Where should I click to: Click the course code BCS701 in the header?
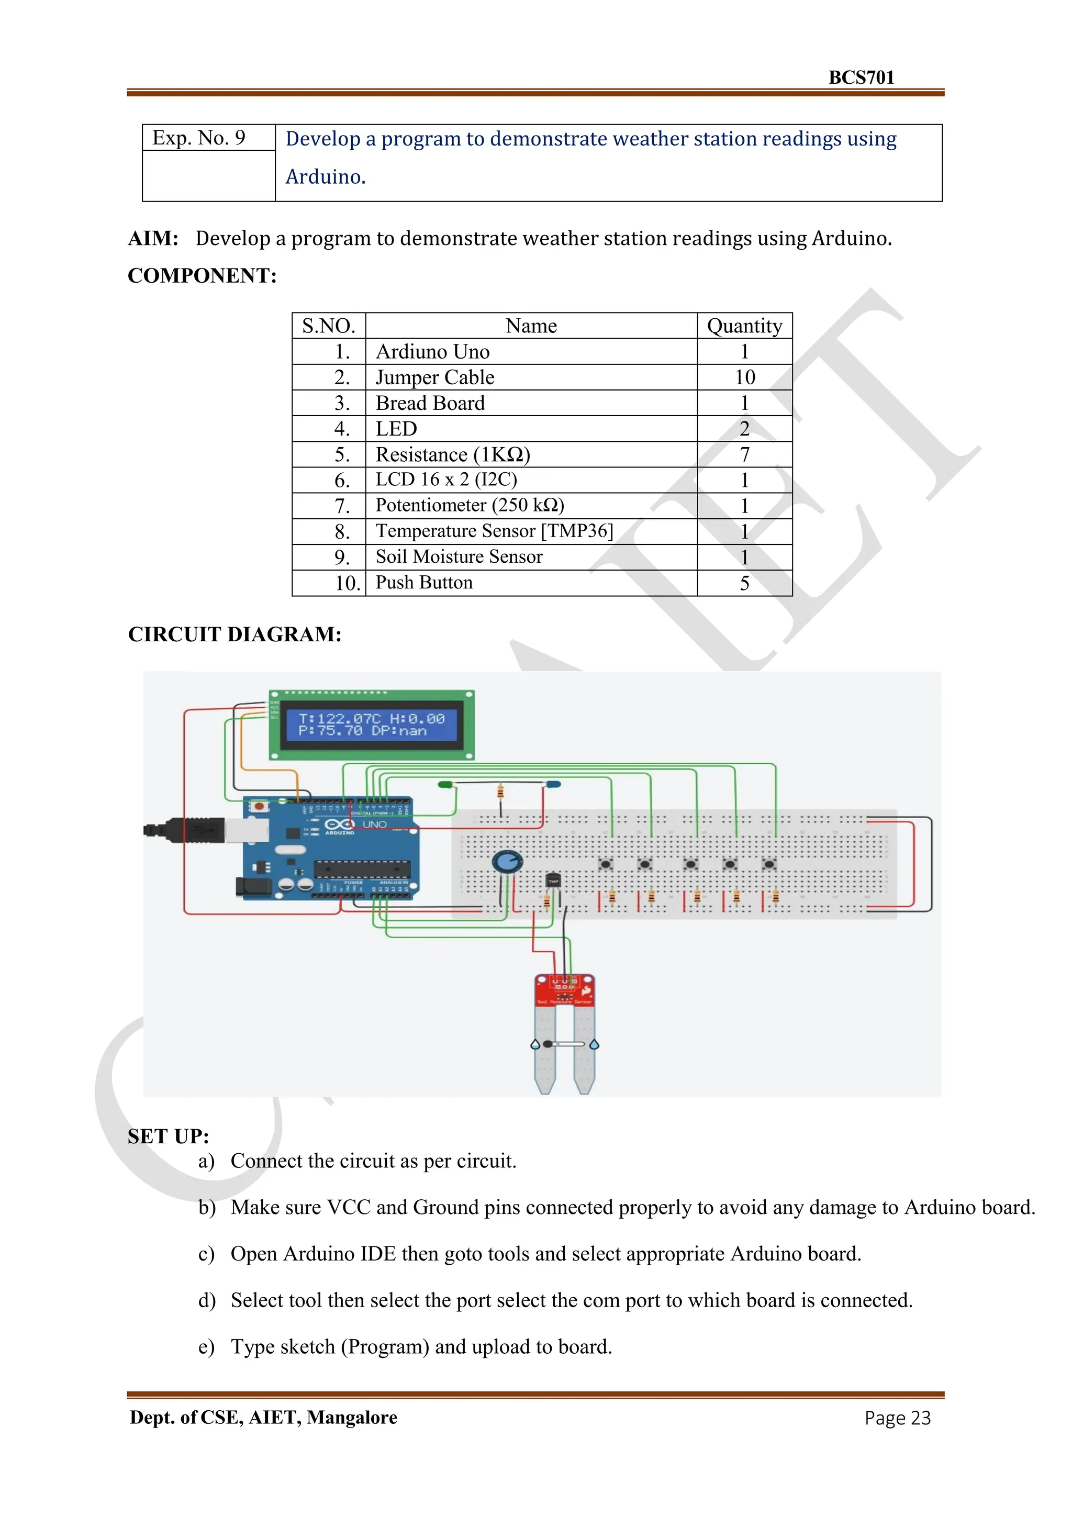861,78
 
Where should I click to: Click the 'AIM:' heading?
153,238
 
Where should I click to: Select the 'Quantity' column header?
744,326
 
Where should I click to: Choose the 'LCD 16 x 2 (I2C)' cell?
446,480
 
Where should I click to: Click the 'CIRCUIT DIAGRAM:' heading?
234,634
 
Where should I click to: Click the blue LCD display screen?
371,725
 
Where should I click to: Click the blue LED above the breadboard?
553,784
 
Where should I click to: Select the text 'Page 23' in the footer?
897,1418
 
